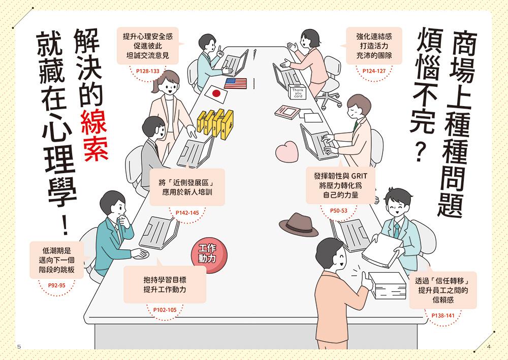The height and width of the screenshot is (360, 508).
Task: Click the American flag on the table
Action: click(236, 83)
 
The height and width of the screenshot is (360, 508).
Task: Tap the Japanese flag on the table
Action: click(216, 94)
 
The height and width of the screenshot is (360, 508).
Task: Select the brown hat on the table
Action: click(298, 224)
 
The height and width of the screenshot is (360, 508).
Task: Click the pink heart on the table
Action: click(287, 151)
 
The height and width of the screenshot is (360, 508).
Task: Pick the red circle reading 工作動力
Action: click(208, 254)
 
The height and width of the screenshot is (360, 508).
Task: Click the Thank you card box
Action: click(297, 91)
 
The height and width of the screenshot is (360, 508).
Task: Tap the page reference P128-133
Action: click(148, 71)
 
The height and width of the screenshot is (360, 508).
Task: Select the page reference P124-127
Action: click(374, 71)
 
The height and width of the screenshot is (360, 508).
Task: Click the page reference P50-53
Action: click(338, 211)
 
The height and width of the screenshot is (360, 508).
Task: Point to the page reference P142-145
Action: click(187, 213)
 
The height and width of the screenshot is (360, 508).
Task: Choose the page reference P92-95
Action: click(57, 285)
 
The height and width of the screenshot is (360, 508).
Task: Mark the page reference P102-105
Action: click(165, 310)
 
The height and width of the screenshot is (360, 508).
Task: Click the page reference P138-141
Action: click(443, 315)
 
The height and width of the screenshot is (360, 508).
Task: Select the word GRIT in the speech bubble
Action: click(359, 176)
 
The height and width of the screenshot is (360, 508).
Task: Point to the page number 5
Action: click(19, 347)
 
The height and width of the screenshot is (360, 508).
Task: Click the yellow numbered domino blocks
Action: click(215, 124)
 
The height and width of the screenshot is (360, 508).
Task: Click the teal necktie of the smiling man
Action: click(397, 231)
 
